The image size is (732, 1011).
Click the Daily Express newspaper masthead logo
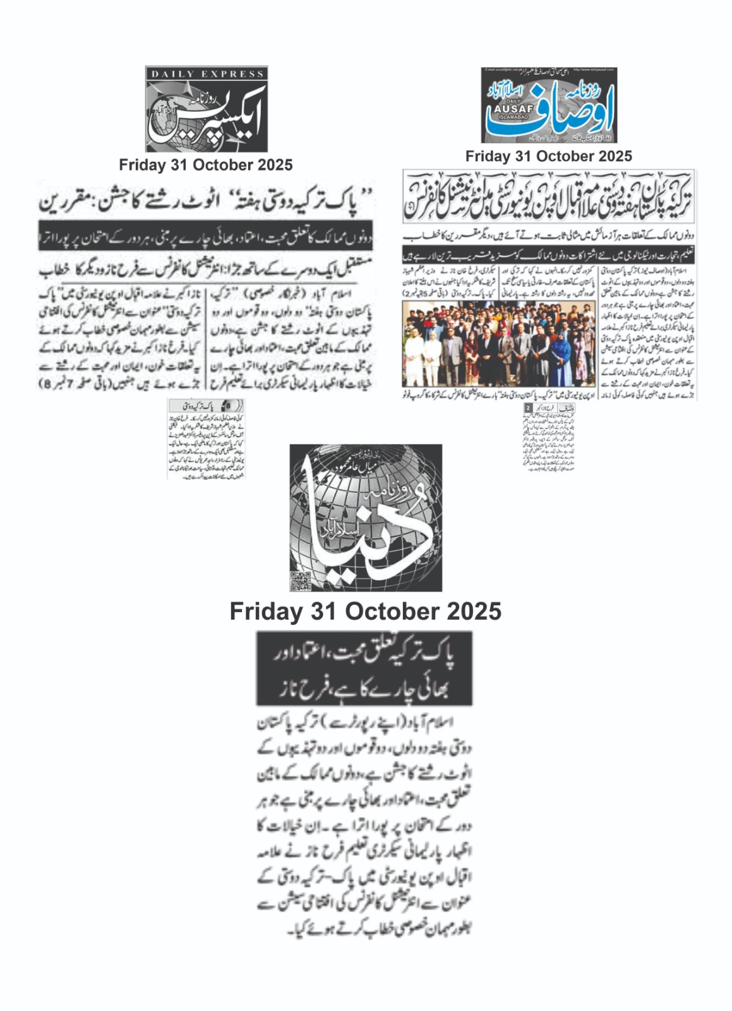pos(207,109)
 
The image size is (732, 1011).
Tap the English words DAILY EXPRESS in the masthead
pos(207,74)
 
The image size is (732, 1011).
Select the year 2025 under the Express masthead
pos(273,166)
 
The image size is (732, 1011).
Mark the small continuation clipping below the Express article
pos(207,439)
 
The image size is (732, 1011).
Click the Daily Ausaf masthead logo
pos(549,105)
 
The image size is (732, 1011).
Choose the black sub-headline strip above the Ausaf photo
pos(549,255)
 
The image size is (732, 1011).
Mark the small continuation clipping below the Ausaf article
pos(548,437)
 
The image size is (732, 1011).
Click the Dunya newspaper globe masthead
pos(366,518)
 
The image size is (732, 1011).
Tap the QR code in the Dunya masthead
pos(301,580)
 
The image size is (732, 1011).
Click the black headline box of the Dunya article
pos(364,668)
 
